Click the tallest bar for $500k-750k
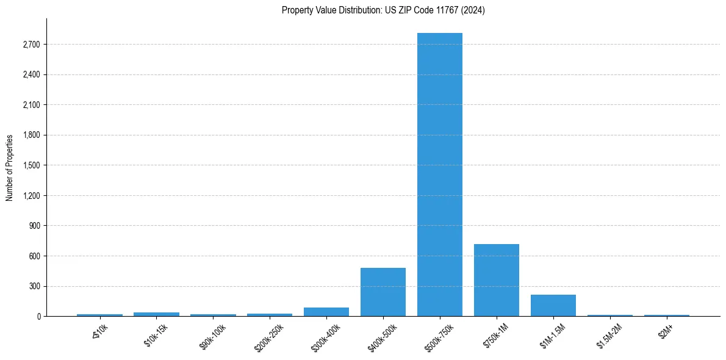pos(439,175)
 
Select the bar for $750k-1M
pos(496,280)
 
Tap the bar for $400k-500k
pos(383,292)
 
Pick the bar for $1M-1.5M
pos(553,305)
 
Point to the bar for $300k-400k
pos(326,312)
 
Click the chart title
pos(383,10)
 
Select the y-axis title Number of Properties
pos(10,167)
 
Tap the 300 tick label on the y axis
pos(34,286)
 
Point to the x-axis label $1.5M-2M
pos(608,336)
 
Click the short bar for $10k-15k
pos(156,314)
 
